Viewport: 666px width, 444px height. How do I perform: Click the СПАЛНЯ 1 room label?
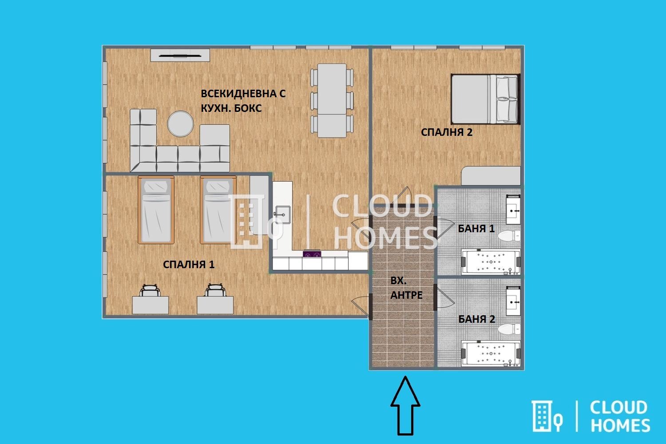(189, 264)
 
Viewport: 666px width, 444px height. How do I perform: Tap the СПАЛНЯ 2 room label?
(447, 132)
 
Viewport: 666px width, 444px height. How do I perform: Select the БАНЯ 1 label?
(476, 228)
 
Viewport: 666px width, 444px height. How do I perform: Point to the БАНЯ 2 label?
(476, 319)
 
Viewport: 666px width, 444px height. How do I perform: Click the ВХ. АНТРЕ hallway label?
(406, 288)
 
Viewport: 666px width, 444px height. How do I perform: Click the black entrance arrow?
(405, 406)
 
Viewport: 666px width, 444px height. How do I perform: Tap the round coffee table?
(180, 124)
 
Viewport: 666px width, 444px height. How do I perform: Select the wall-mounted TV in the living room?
(180, 55)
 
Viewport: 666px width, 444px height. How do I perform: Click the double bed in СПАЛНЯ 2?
(485, 99)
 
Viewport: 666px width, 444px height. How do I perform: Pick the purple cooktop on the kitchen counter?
(312, 254)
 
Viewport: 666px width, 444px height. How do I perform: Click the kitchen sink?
(282, 215)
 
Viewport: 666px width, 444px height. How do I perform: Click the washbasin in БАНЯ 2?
(513, 301)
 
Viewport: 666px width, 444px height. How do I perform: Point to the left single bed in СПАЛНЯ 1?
(156, 210)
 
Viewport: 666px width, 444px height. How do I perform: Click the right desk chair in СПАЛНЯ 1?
(214, 290)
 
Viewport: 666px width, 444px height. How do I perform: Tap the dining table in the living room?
(332, 100)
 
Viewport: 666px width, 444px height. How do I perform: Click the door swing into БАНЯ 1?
(445, 228)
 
